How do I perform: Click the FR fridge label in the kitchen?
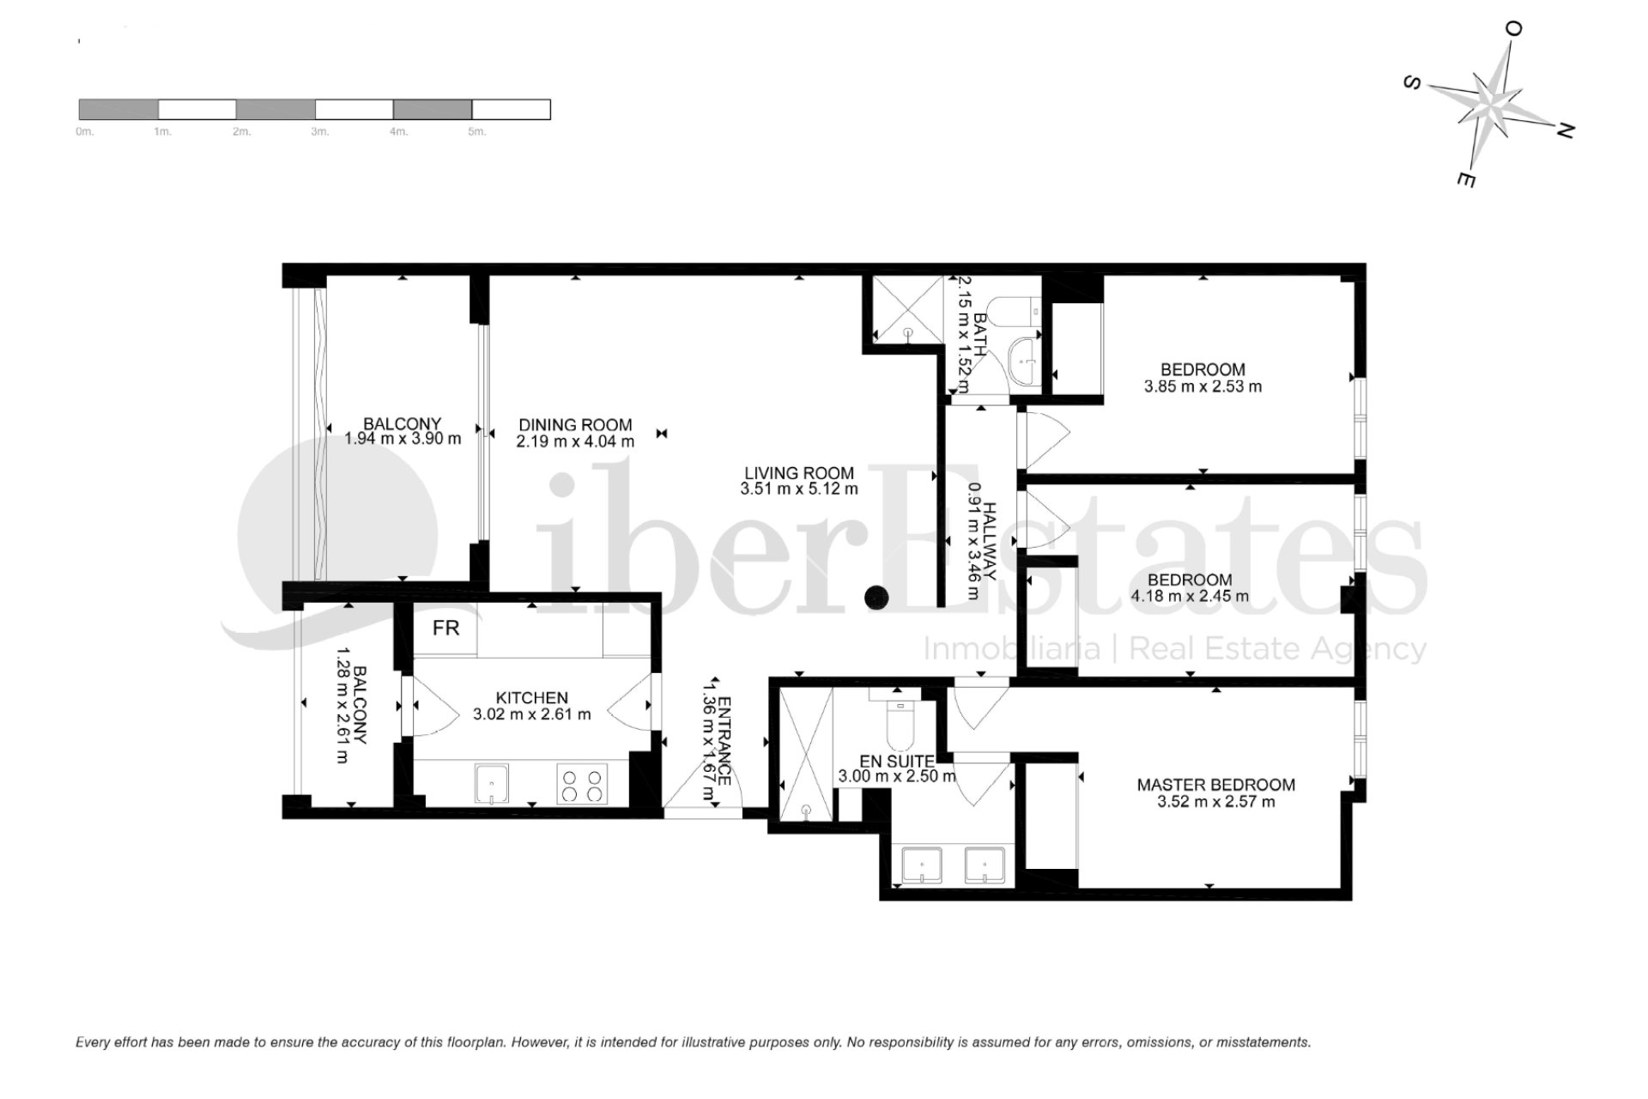(445, 628)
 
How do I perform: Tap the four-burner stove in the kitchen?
(581, 784)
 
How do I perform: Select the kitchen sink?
(491, 784)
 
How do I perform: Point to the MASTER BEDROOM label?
(1215, 785)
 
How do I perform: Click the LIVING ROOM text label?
(798, 473)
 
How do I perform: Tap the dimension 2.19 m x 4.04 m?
(575, 442)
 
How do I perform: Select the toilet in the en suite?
(900, 726)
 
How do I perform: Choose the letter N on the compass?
(1565, 131)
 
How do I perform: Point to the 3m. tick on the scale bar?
(319, 132)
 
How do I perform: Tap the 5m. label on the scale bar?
(476, 132)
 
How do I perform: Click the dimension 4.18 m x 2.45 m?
(1190, 596)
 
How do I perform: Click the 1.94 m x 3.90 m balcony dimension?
(403, 439)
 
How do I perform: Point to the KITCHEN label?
(532, 698)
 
